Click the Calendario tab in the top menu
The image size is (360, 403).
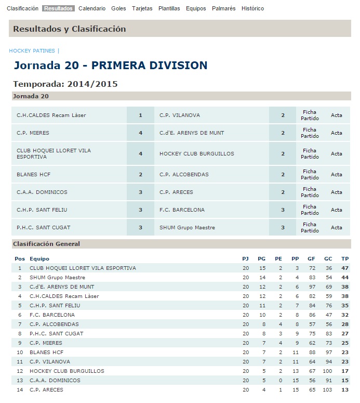(92, 8)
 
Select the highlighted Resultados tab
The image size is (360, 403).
(59, 8)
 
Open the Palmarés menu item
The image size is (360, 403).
(224, 8)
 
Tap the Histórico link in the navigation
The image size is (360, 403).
(252, 8)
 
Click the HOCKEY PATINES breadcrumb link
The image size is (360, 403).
(32, 51)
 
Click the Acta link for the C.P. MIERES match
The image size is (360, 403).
(337, 133)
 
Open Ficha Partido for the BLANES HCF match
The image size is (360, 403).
(310, 174)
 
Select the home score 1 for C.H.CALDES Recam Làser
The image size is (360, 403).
(140, 115)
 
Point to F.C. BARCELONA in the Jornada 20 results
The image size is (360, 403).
(182, 210)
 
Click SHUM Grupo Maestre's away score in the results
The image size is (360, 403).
(283, 227)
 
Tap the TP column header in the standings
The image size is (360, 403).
(345, 258)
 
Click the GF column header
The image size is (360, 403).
(311, 258)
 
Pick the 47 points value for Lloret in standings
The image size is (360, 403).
(345, 268)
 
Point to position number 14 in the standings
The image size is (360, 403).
(20, 389)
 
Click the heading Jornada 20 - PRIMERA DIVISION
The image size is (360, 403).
(110, 66)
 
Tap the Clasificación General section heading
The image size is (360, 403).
(46, 243)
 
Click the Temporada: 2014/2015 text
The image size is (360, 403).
(65, 84)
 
